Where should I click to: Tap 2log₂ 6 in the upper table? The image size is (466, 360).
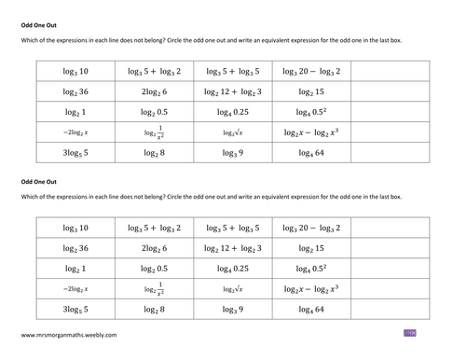pyautogui.click(x=154, y=91)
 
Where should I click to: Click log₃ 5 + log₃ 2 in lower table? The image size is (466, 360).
pyautogui.click(x=154, y=228)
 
